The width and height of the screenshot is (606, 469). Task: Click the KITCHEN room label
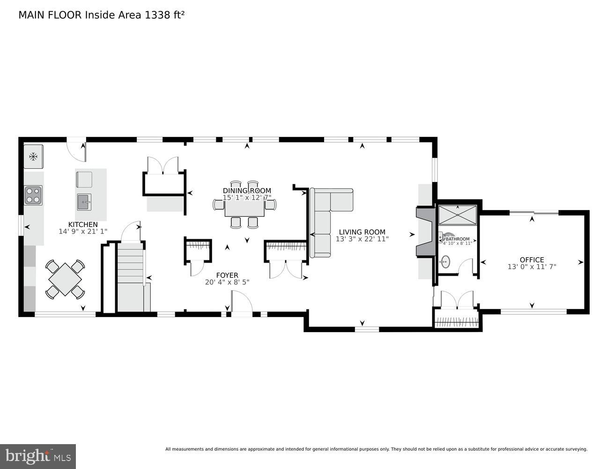pos(83,225)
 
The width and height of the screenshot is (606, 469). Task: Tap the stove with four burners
pos(33,195)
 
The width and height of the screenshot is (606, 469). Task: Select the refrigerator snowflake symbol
pos(33,157)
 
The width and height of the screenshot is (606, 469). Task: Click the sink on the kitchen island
pos(84,202)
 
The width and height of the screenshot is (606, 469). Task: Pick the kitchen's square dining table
pos(65,280)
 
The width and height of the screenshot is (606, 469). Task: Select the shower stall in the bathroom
pos(457,215)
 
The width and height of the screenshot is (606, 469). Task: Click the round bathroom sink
pos(445,261)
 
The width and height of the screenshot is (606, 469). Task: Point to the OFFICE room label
pos(532,259)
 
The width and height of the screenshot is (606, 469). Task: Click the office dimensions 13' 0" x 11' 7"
pos(532,267)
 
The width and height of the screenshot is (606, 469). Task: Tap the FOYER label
pos(227,275)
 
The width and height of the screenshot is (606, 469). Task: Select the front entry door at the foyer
pos(242,303)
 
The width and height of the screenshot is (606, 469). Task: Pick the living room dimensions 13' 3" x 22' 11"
pos(362,239)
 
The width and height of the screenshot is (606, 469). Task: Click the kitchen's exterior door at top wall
pos(76,148)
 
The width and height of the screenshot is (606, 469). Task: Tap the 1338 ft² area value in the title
pos(164,15)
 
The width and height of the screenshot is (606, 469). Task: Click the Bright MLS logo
pos(38,455)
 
